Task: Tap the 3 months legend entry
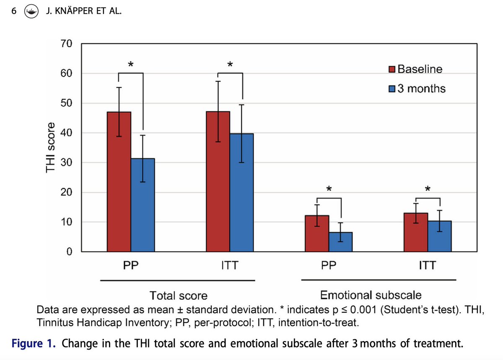[x=417, y=88]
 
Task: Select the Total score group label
[x=179, y=296]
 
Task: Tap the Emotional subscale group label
[x=371, y=295]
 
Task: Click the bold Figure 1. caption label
[x=35, y=344]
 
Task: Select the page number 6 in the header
[x=14, y=12]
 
